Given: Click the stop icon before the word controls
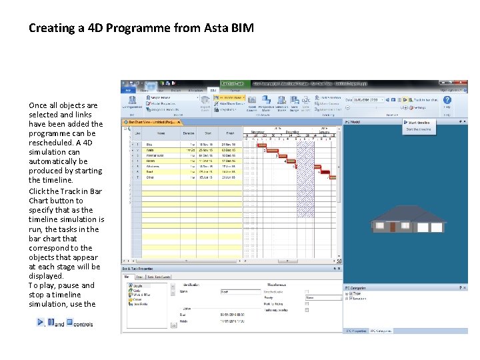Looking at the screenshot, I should (69, 323).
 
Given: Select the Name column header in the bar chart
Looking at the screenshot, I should (161, 133).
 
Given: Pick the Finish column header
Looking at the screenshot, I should (229, 133).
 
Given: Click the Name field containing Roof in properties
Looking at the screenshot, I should (240, 291).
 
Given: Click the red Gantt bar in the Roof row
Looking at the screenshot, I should (323, 172).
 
